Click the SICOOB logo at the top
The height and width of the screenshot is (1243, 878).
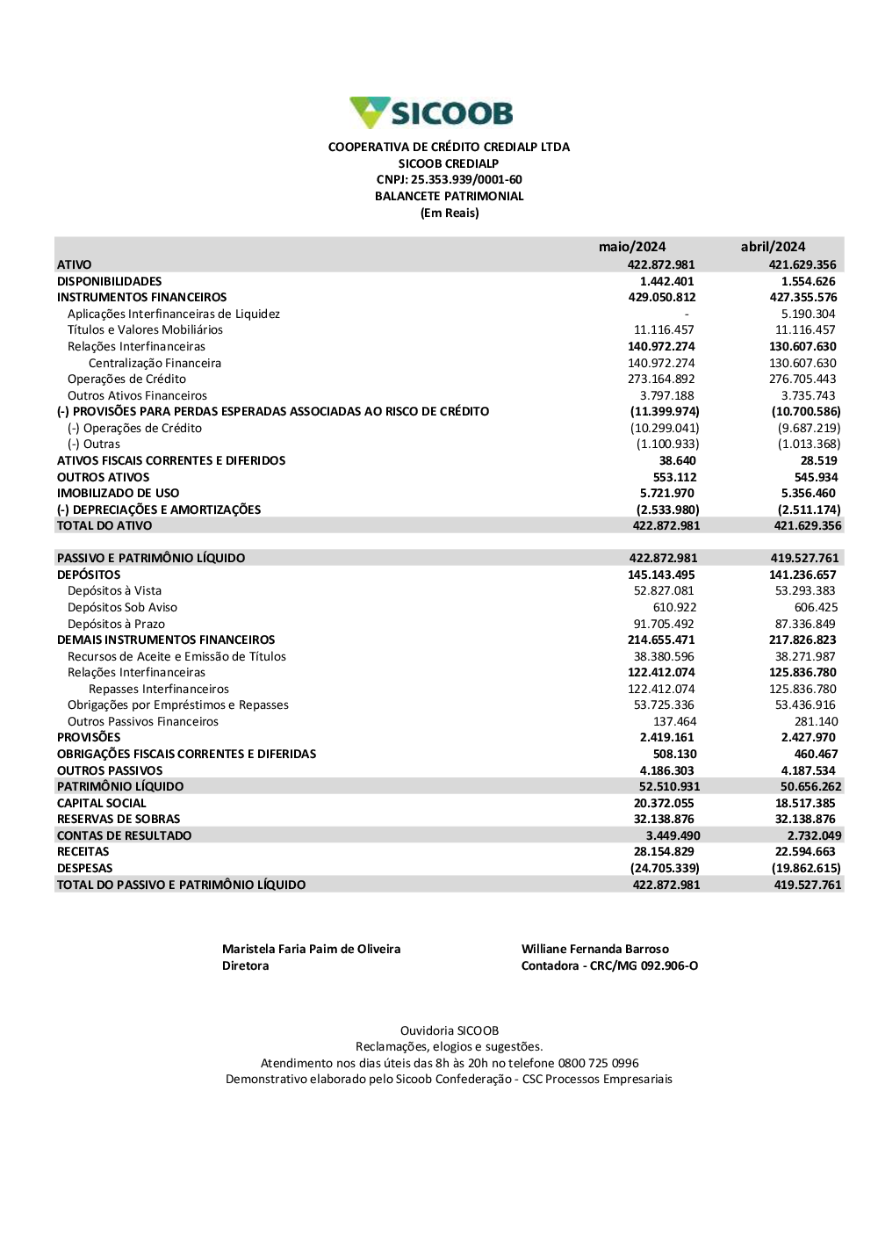(x=431, y=113)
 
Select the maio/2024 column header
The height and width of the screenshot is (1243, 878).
(x=632, y=247)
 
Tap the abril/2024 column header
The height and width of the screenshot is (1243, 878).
(x=773, y=247)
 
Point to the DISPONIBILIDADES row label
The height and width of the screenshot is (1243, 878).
(x=110, y=281)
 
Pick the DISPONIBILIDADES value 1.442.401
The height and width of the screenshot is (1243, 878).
(x=666, y=281)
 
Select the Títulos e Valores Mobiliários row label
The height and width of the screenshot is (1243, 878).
(x=145, y=330)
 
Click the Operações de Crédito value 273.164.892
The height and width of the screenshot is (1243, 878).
(x=661, y=379)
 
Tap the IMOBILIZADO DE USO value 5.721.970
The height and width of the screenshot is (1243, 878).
(x=666, y=493)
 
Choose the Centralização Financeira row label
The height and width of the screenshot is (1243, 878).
(x=155, y=363)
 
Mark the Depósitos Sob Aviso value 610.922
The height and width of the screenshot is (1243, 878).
(x=674, y=607)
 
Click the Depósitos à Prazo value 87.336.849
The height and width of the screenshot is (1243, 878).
(x=805, y=624)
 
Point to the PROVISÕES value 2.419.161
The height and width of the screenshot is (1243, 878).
(x=666, y=737)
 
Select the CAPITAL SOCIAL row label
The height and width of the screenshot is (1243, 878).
(x=102, y=803)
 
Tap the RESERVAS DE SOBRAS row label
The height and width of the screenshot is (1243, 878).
(x=119, y=819)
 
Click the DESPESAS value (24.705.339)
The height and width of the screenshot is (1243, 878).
(x=665, y=868)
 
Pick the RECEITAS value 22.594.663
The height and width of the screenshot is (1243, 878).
(x=805, y=851)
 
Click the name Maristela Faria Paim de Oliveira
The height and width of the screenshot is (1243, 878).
(x=311, y=949)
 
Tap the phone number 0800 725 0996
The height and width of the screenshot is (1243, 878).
(x=598, y=1063)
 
